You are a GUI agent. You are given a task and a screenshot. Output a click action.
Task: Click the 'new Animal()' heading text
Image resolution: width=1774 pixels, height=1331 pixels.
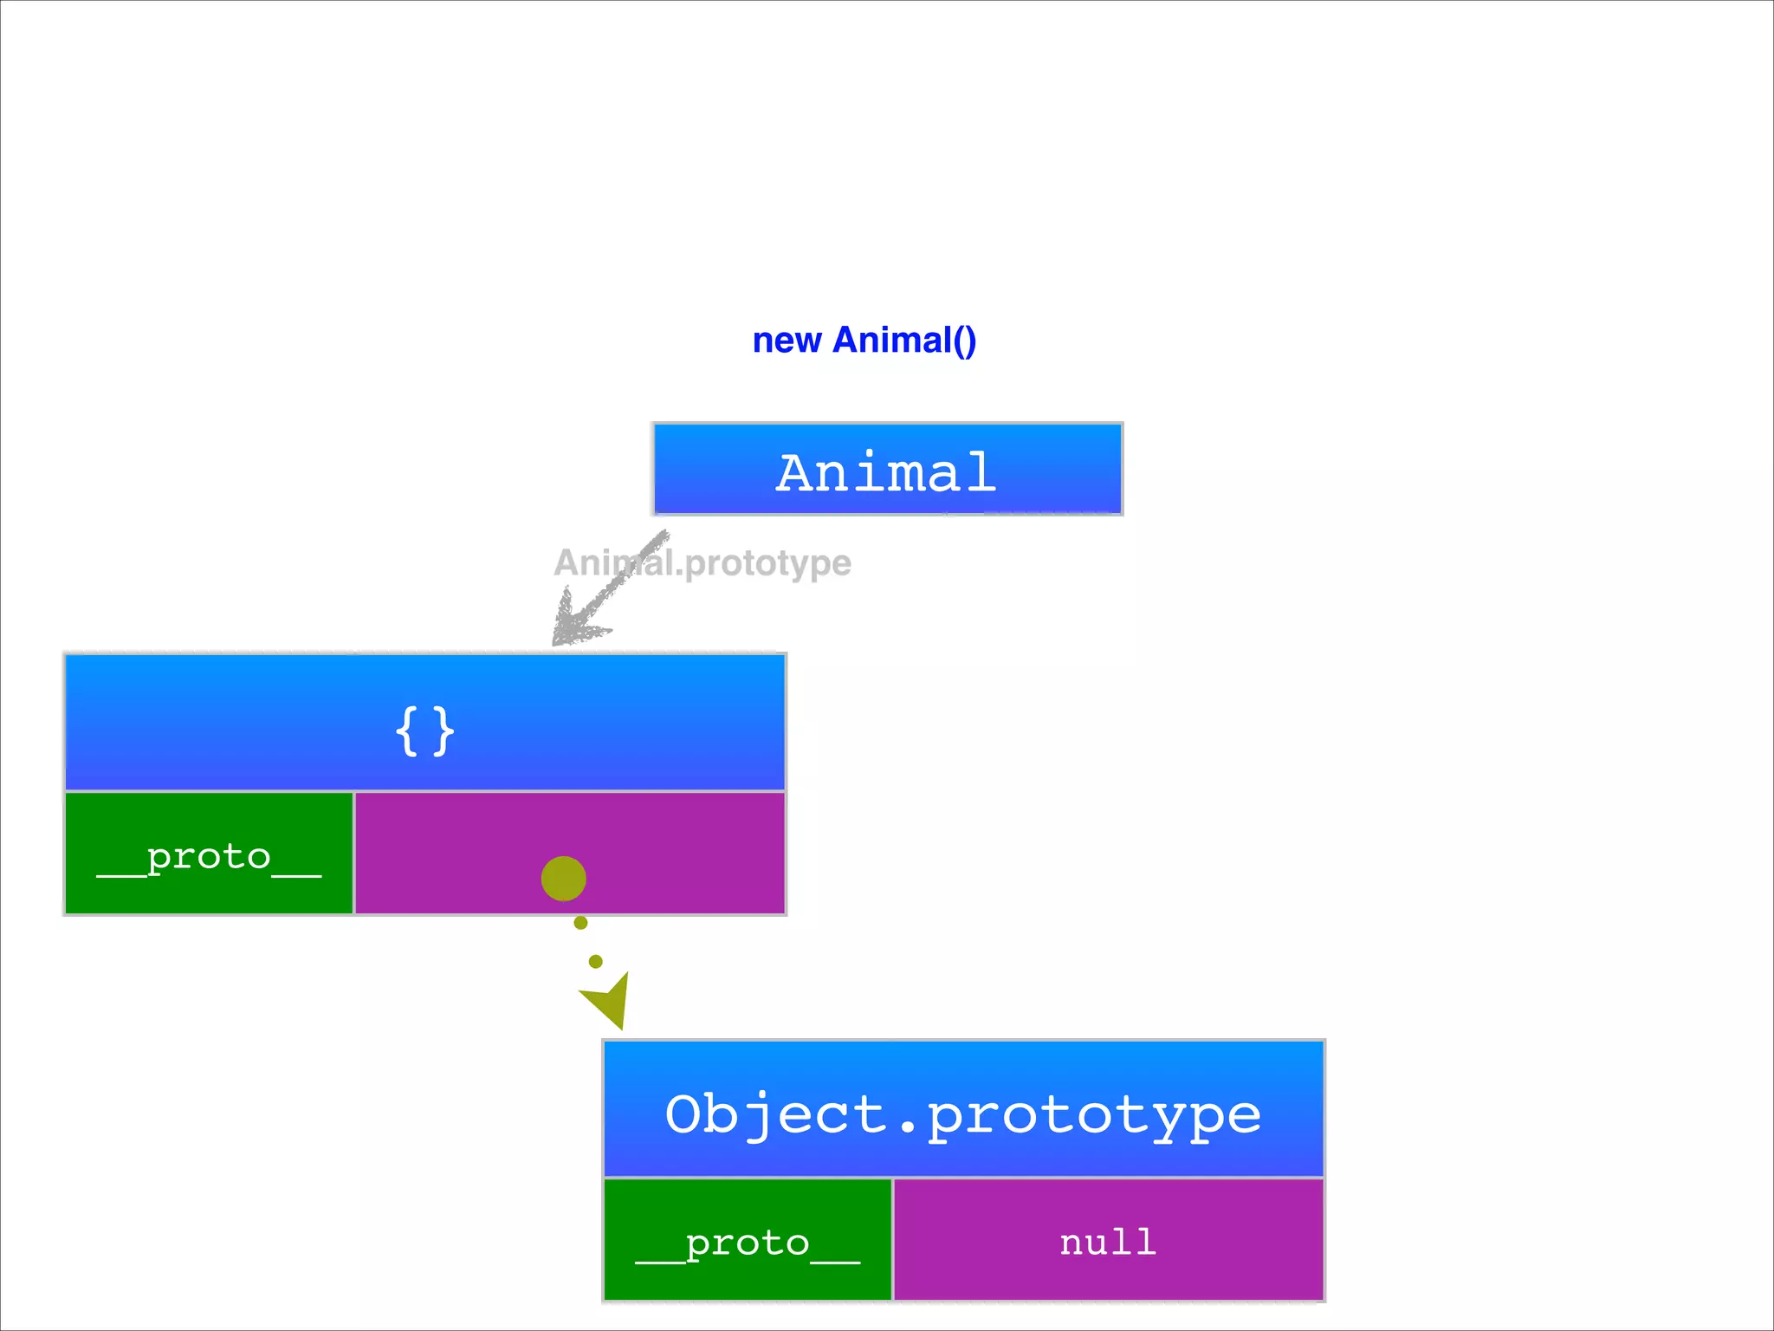coord(864,341)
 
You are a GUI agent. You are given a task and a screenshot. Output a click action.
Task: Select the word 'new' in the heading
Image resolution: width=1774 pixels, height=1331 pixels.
coord(787,341)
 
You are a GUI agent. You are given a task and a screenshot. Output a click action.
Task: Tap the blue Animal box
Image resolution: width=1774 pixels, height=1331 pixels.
coord(887,470)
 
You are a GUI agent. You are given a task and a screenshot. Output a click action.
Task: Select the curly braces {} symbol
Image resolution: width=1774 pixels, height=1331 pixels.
coord(424,731)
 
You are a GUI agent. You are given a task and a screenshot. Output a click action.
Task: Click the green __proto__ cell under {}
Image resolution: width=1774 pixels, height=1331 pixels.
coord(209,854)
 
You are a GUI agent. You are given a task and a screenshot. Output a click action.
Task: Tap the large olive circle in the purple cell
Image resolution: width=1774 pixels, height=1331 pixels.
coord(564,879)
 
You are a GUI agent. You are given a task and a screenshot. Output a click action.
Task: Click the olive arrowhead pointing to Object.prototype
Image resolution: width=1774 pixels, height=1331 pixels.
coord(609,1001)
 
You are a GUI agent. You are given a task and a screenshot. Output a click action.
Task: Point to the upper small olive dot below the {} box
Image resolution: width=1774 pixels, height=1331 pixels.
coord(580,923)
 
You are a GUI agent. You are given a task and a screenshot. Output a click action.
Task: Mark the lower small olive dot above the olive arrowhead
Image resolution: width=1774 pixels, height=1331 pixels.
coord(595,961)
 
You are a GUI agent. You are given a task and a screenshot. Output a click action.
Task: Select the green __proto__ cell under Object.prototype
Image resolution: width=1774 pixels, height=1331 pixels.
coord(748,1240)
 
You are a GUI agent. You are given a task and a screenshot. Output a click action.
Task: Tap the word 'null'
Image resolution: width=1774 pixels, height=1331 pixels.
coord(1108,1242)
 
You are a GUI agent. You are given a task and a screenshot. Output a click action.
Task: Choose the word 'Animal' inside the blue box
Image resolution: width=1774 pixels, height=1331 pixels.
coord(886,472)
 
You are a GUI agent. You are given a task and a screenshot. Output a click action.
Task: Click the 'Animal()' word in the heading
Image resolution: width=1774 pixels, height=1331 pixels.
coord(904,341)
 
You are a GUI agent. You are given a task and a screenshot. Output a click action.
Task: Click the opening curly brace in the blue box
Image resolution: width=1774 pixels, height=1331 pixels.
coord(406,731)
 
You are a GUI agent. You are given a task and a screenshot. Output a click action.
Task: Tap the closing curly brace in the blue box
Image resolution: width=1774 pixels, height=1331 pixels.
coord(443,731)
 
